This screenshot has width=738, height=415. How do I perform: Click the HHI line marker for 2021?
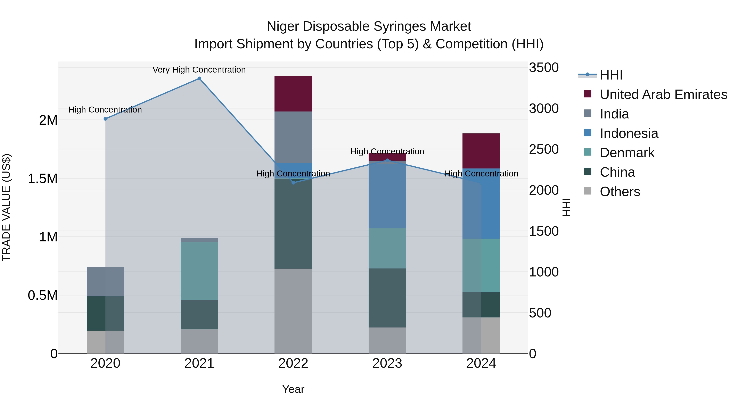199,78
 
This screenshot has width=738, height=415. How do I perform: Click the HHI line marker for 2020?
105,119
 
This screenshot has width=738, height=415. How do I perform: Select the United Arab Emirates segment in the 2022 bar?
293,94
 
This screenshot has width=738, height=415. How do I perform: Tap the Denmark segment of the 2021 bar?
199,271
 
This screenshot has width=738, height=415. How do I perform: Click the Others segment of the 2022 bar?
293,311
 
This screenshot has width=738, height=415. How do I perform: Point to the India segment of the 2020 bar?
105,282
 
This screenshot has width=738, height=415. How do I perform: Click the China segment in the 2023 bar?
387,298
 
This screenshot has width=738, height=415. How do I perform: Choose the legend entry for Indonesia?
629,133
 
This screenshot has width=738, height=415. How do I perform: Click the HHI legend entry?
611,75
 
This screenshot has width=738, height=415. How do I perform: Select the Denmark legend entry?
627,153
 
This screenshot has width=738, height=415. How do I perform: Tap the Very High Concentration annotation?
199,70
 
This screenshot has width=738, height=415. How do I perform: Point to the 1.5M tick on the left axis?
43,179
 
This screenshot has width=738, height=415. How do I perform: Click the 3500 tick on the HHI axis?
543,68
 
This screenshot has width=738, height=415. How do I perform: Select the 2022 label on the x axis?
293,363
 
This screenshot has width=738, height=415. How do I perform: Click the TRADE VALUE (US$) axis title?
6,207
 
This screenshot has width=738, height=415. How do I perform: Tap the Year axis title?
293,389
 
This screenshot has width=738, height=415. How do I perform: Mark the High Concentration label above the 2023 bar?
387,151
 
